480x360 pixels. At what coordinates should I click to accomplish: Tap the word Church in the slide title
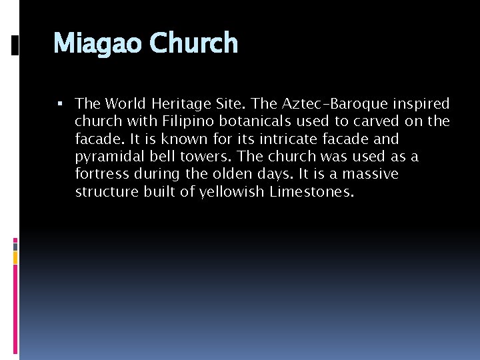click(193, 43)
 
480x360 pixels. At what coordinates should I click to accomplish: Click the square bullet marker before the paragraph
click(60, 103)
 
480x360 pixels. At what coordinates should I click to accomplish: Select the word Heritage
click(179, 104)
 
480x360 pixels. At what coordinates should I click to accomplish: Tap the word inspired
click(423, 105)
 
